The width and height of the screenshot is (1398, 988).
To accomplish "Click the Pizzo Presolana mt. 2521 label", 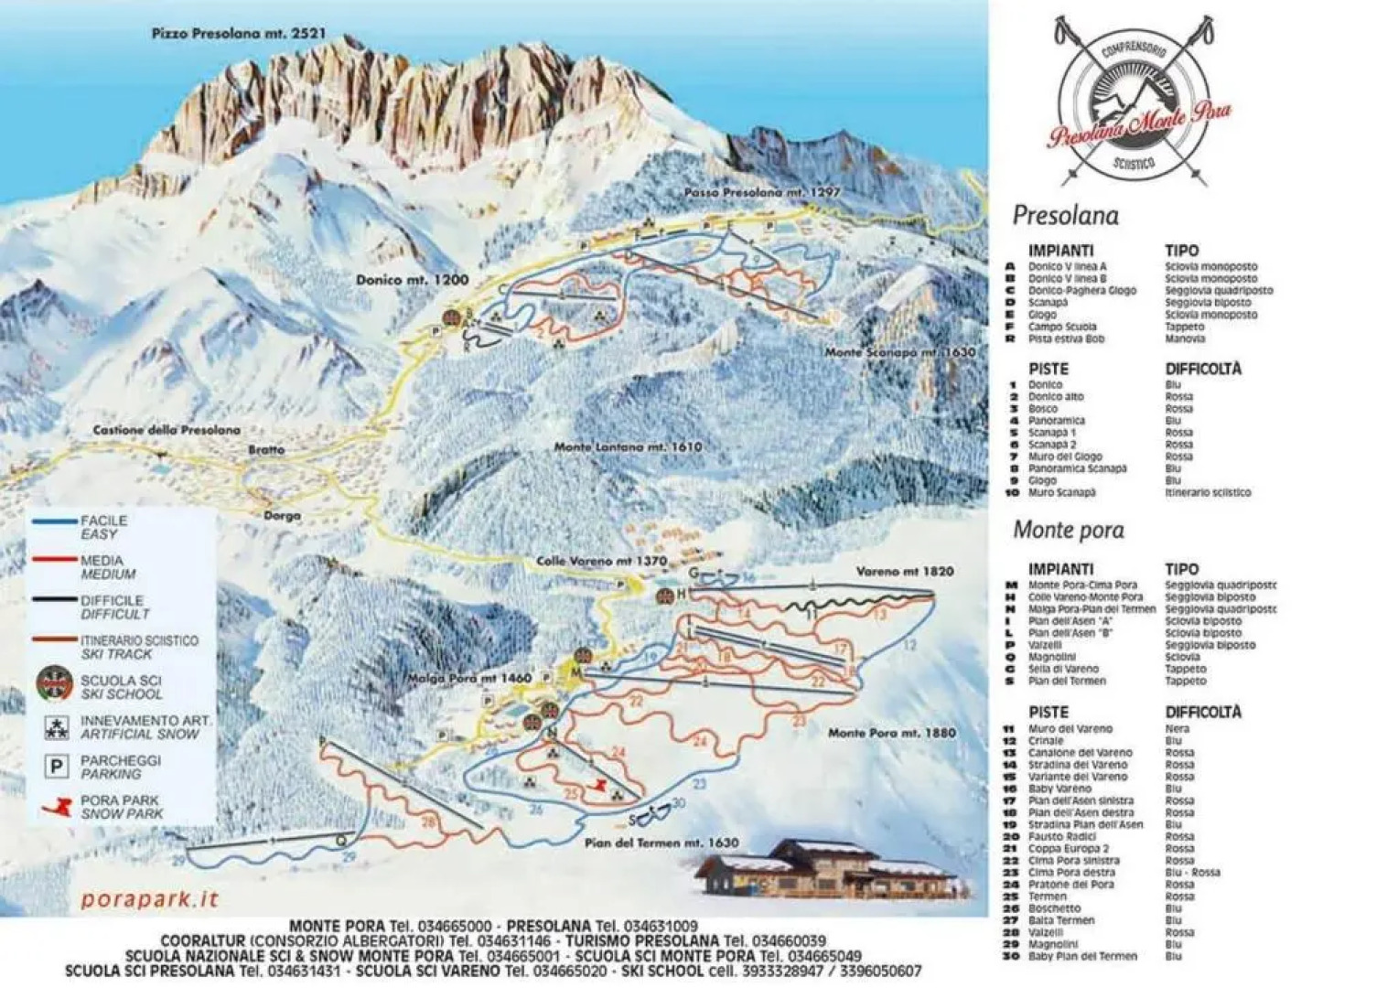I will click(238, 33).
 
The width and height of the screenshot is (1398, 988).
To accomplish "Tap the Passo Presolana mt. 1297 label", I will click(761, 193).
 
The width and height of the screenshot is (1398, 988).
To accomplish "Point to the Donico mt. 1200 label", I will click(412, 280).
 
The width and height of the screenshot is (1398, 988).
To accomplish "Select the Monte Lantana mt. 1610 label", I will click(628, 447).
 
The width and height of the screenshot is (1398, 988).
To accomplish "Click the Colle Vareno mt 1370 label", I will click(601, 561).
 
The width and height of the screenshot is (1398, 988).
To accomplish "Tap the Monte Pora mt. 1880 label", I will click(891, 733).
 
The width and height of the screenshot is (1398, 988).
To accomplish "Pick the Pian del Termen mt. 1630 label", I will click(661, 843).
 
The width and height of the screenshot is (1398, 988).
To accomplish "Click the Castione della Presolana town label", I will click(167, 430).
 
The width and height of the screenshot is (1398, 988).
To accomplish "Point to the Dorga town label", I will click(282, 516).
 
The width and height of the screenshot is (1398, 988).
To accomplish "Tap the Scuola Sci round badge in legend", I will click(55, 683).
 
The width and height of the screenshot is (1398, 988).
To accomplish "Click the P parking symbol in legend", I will click(57, 767).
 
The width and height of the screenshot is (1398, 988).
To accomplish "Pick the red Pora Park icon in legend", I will click(57, 807).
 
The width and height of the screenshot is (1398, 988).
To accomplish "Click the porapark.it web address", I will click(150, 899).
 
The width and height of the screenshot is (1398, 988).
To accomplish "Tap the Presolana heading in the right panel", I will click(1065, 216).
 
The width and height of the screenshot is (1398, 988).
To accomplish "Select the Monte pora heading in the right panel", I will click(1069, 530).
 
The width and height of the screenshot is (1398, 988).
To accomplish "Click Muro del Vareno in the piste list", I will click(1070, 729).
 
